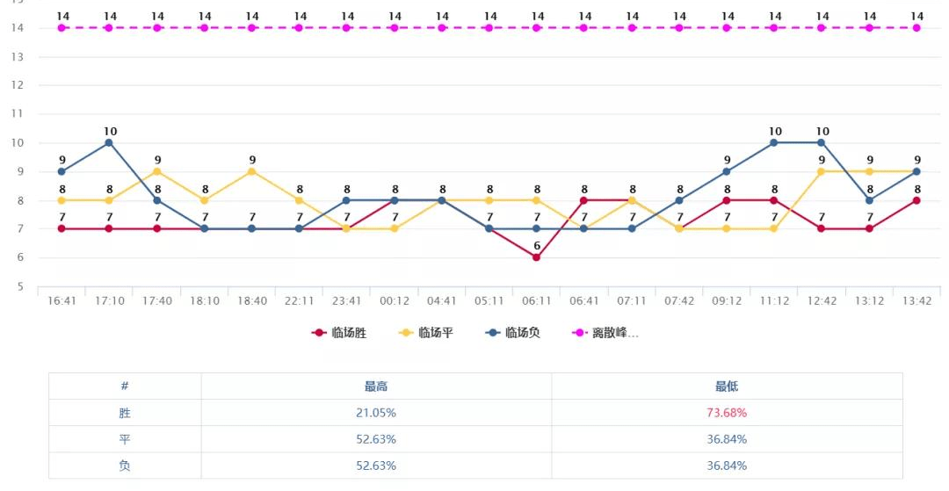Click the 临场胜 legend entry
pyautogui.click(x=340, y=333)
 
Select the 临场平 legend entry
pyautogui.click(x=426, y=333)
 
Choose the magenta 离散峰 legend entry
pyautogui.click(x=605, y=333)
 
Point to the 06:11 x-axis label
pyautogui.click(x=537, y=300)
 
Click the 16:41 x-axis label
pyautogui.click(x=62, y=300)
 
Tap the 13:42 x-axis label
pyautogui.click(x=916, y=300)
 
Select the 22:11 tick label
pyautogui.click(x=300, y=300)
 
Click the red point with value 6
pyautogui.click(x=536, y=257)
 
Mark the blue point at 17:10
pyautogui.click(x=109, y=142)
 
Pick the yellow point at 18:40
pyautogui.click(x=252, y=171)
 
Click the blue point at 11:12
pyautogui.click(x=774, y=142)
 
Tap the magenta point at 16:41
pyautogui.click(x=62, y=28)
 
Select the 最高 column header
pyautogui.click(x=376, y=386)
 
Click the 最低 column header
pyautogui.click(x=727, y=386)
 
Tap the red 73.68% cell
pyautogui.click(x=727, y=412)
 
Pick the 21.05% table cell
pyautogui.click(x=376, y=412)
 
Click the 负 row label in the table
pyautogui.click(x=125, y=466)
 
